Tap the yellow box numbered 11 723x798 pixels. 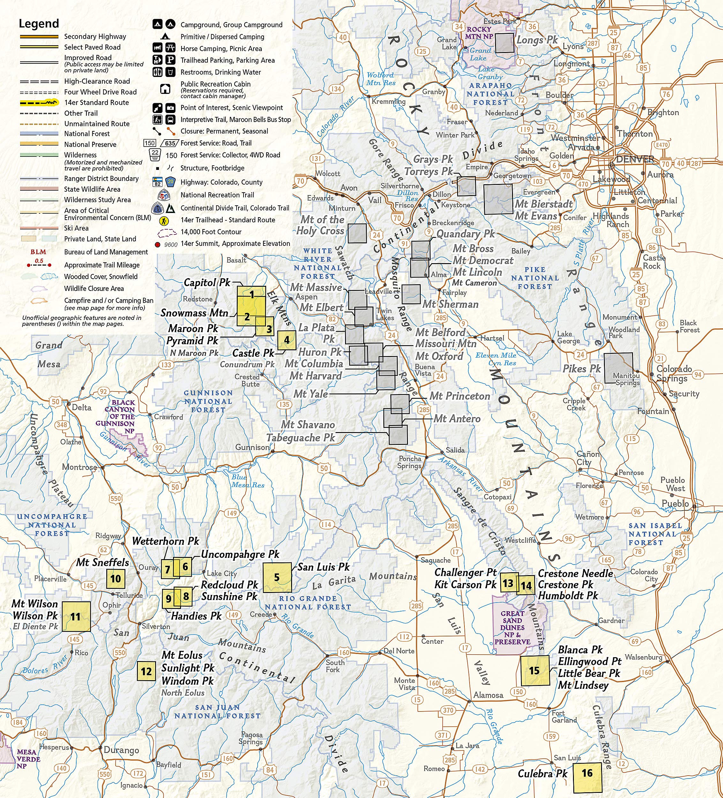pos(76,616)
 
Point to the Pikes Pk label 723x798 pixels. pos(582,369)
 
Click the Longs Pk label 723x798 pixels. pos(537,40)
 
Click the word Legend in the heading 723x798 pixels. pos(39,24)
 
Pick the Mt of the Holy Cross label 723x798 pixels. pos(320,225)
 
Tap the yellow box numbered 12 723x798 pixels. pos(146,671)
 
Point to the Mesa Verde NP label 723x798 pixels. pos(28,759)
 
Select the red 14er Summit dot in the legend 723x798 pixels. pos(157,245)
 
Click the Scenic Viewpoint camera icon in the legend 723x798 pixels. pos(170,108)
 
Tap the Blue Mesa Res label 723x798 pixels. pos(247,481)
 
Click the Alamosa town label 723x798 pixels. pos(488,695)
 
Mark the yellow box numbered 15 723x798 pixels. pos(535,670)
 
